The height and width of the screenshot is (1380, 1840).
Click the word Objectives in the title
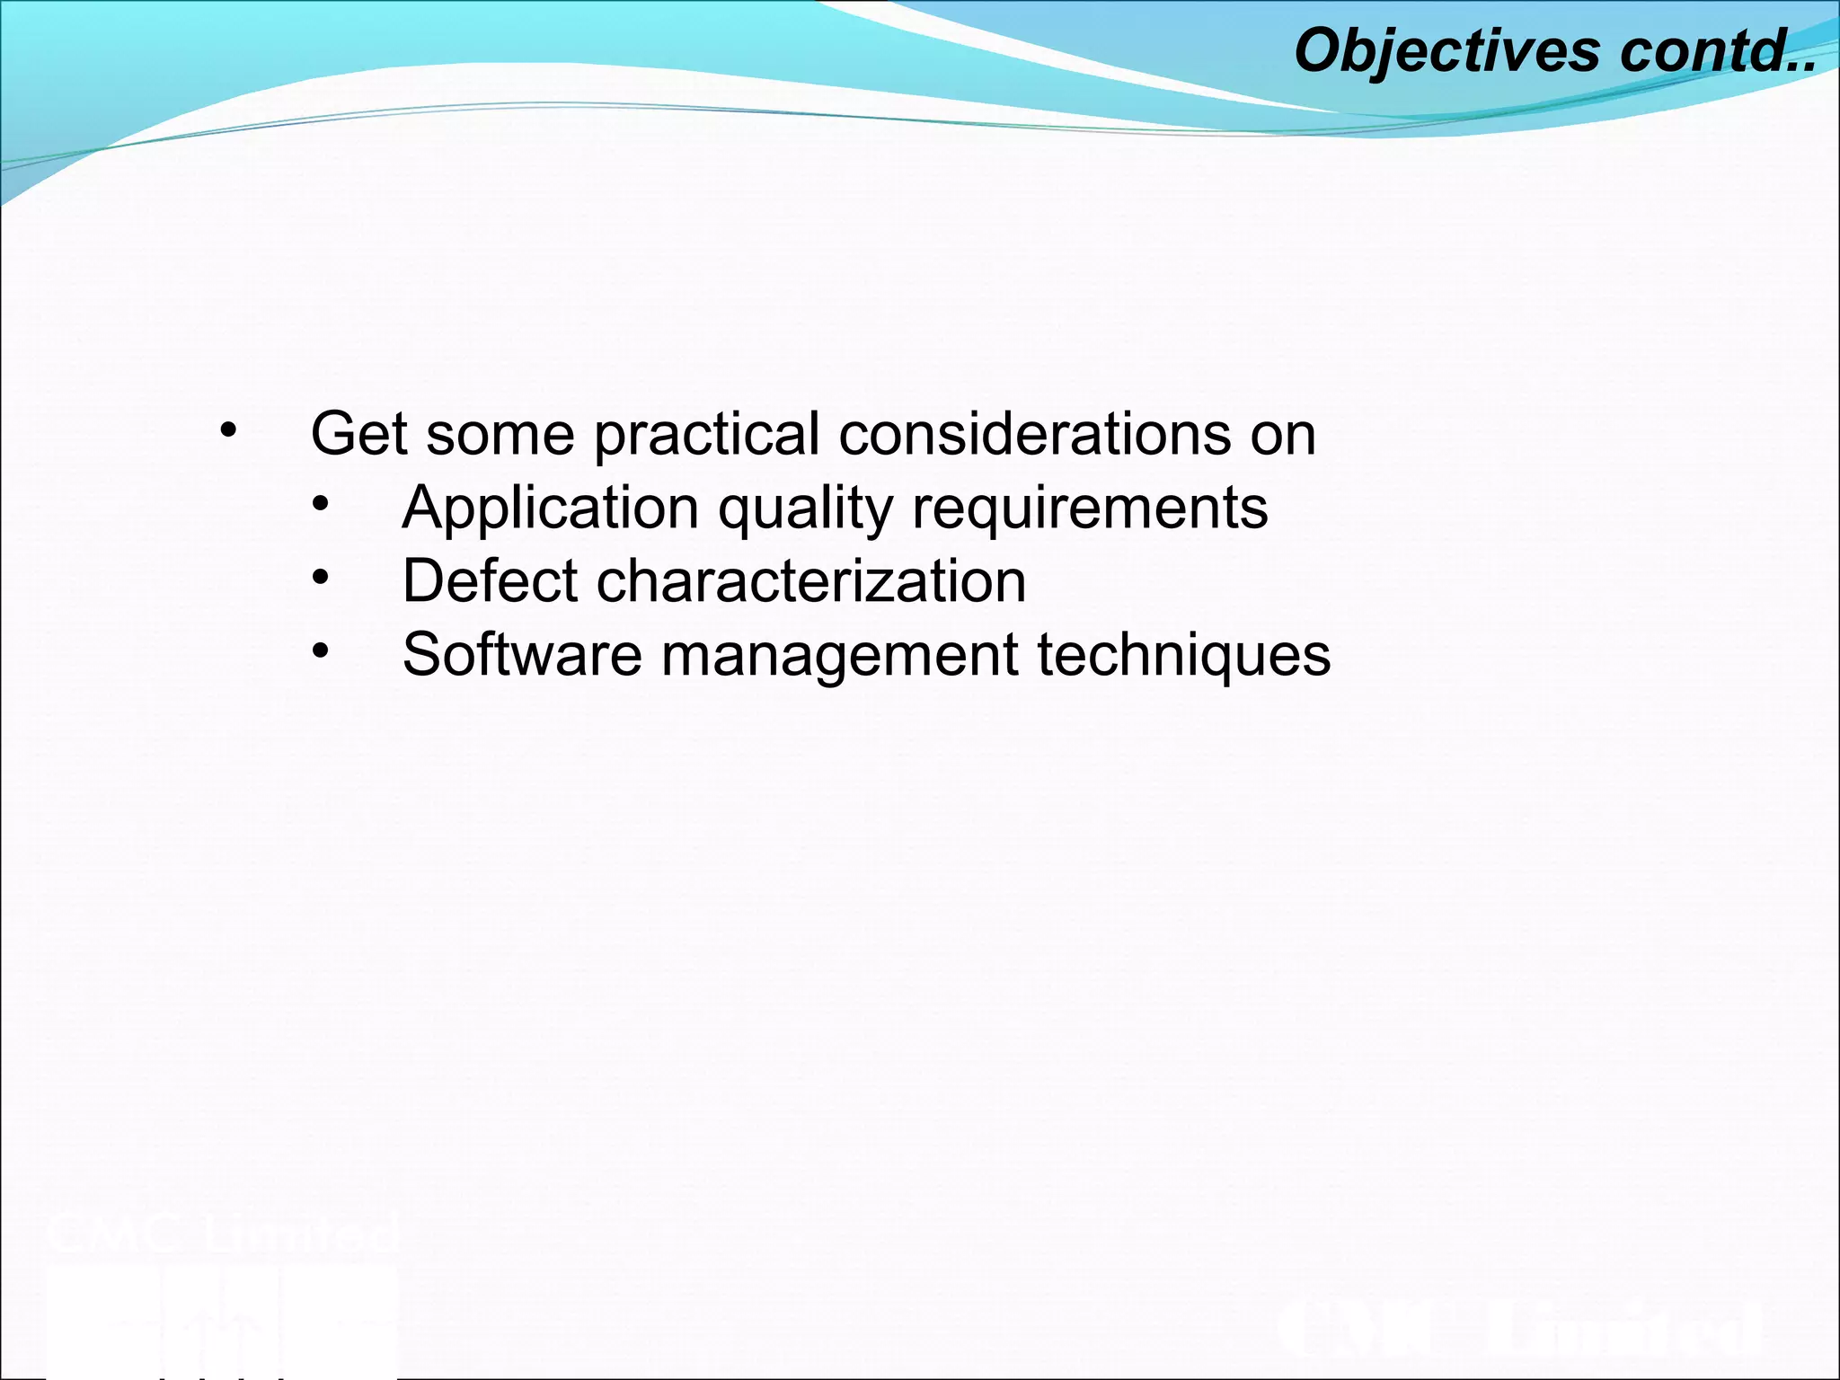(x=1446, y=50)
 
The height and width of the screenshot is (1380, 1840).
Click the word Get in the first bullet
(x=358, y=434)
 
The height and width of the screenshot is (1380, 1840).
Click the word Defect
(x=490, y=581)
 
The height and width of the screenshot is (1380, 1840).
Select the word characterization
(x=811, y=581)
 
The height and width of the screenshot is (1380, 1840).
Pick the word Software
(x=522, y=654)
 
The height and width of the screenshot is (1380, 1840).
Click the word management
(x=840, y=656)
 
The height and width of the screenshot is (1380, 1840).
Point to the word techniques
(x=1183, y=656)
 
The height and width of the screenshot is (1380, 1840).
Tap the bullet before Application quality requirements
(x=321, y=505)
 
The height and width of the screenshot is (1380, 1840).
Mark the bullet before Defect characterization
(x=321, y=578)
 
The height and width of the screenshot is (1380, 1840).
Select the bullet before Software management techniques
(x=321, y=651)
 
